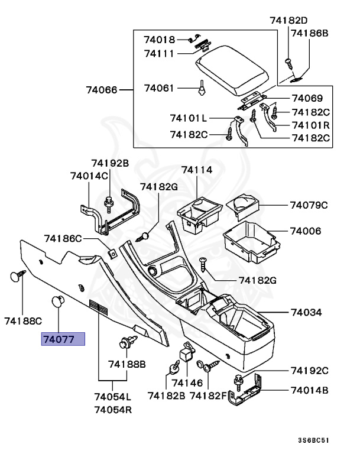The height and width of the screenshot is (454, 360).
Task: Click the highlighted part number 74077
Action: click(63, 339)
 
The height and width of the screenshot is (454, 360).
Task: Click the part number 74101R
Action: click(310, 125)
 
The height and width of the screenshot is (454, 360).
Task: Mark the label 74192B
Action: click(109, 163)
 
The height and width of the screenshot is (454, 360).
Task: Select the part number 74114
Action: click(196, 170)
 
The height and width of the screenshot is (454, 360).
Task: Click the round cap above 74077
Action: click(58, 301)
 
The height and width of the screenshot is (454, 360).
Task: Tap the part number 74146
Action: click(187, 382)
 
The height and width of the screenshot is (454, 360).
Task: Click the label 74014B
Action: click(309, 390)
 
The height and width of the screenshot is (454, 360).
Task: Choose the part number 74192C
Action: click(309, 371)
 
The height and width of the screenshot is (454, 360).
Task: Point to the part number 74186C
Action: click(63, 239)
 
